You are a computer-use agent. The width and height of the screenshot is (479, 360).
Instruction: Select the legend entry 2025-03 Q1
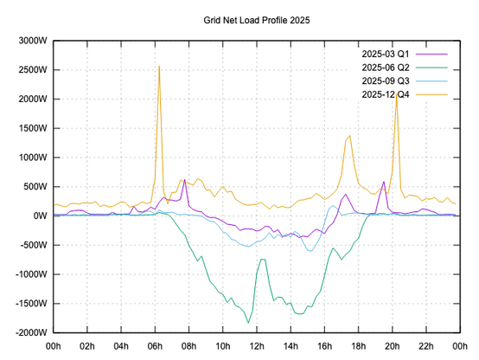[x=386, y=55]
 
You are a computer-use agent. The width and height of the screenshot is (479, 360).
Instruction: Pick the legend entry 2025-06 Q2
[x=386, y=67]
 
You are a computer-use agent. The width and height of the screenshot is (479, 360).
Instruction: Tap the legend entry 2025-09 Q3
[x=386, y=80]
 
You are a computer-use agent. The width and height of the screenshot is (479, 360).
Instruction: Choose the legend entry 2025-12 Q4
[x=386, y=93]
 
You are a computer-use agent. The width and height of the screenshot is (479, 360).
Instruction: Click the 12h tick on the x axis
[x=256, y=345]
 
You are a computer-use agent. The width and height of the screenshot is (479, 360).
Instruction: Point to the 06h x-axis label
[x=155, y=345]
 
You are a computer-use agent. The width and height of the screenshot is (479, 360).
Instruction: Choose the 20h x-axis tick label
[x=391, y=345]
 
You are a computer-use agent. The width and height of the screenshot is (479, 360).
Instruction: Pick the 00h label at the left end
[x=54, y=345]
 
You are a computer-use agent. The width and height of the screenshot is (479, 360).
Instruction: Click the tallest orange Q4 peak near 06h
[x=159, y=66]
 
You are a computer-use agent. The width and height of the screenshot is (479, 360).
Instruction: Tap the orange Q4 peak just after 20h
[x=396, y=92]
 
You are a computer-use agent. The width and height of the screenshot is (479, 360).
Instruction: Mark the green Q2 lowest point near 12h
[x=249, y=323]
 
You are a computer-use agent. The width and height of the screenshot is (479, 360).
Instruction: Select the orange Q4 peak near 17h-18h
[x=349, y=136]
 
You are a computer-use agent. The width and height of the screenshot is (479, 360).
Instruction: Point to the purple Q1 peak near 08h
[x=185, y=180]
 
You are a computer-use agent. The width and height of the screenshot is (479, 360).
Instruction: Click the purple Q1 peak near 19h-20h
[x=383, y=182]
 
